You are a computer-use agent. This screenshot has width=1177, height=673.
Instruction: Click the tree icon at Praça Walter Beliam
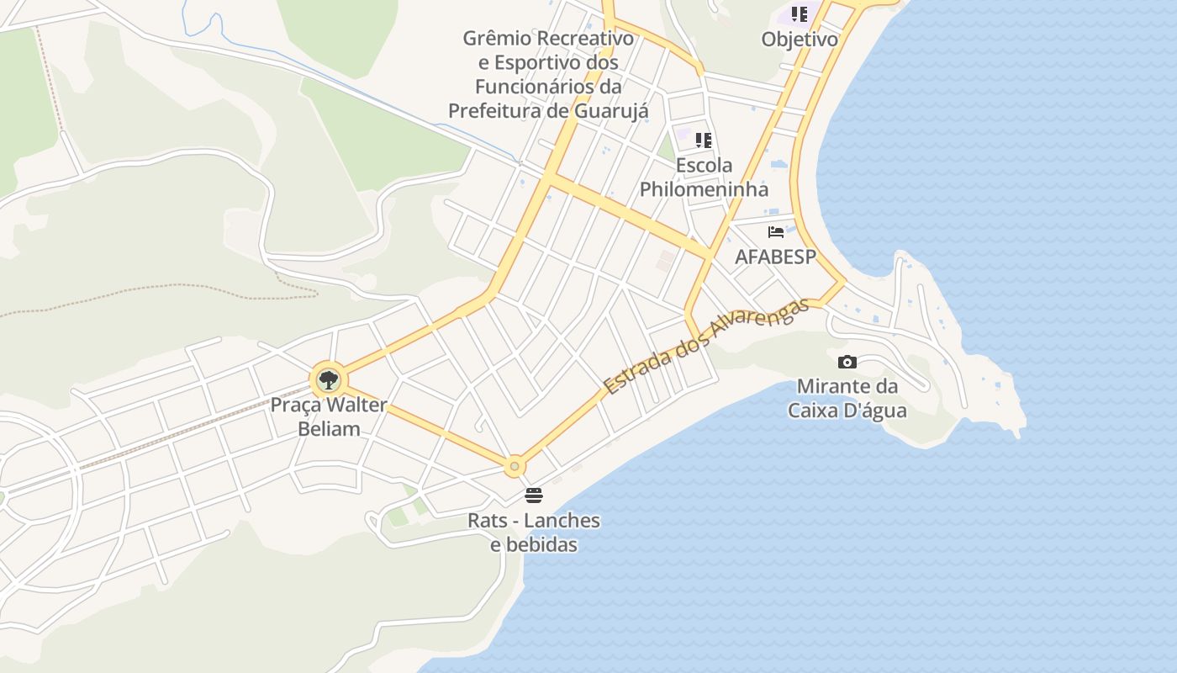[328, 380]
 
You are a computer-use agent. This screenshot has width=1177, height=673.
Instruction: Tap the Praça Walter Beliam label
[329, 416]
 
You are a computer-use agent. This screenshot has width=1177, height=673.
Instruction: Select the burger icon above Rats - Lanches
[534, 495]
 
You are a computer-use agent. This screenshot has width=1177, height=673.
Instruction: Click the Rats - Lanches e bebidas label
[534, 533]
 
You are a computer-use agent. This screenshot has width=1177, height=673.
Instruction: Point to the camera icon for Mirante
[847, 362]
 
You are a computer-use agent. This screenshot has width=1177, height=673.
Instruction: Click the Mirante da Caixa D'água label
[847, 399]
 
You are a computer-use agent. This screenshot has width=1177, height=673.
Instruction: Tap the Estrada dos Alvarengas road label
[706, 347]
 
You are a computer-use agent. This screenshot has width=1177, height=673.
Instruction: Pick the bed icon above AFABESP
[776, 231]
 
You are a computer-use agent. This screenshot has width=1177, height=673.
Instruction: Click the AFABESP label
[776, 257]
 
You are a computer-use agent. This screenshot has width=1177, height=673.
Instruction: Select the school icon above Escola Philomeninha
[704, 140]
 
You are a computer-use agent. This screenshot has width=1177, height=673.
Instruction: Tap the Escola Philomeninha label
[704, 177]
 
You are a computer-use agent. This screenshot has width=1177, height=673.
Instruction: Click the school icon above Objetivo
[800, 14]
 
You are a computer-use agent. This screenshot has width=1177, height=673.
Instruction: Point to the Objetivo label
[800, 40]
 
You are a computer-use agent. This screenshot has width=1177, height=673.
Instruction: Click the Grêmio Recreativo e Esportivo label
[548, 74]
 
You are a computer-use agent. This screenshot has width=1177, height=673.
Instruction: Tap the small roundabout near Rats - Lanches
[515, 465]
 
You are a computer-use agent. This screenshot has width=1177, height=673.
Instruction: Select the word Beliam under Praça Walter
[329, 429]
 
